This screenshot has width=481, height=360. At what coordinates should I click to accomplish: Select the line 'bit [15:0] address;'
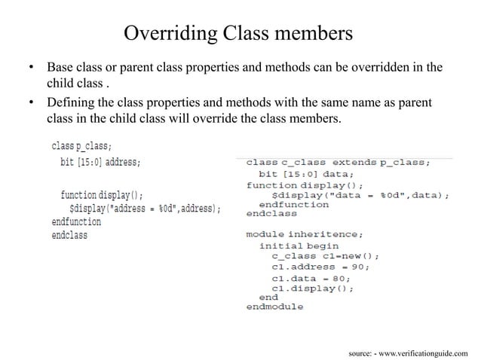click(100, 161)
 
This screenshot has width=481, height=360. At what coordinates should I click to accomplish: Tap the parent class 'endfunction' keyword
click(76, 222)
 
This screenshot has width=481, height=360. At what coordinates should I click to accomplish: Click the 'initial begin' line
click(299, 246)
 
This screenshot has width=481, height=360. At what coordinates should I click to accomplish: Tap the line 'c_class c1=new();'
click(325, 256)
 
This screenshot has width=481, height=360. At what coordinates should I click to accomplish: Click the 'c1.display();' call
click(312, 288)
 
